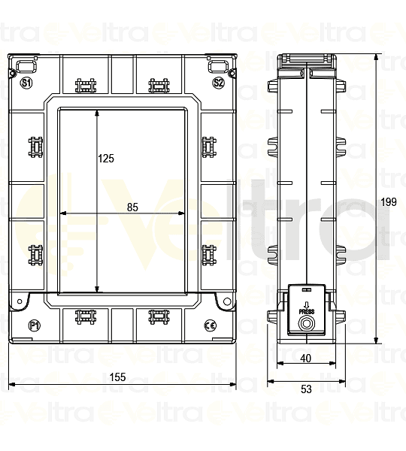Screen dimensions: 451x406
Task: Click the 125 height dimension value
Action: click(106, 159)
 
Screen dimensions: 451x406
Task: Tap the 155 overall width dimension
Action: click(118, 377)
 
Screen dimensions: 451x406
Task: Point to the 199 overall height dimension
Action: click(389, 201)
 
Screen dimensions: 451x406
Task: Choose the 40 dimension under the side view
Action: click(305, 359)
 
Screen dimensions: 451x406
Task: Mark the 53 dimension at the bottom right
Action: click(305, 389)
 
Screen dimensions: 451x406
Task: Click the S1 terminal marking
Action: click(26, 82)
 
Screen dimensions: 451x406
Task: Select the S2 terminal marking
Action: click(218, 82)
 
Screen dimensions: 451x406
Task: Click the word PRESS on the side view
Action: click(307, 310)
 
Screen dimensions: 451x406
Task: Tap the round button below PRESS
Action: click(307, 324)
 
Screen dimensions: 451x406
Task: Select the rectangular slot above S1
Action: click(26, 65)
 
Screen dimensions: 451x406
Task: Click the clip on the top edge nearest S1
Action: click(87, 85)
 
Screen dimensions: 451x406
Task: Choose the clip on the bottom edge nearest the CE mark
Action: click(157, 316)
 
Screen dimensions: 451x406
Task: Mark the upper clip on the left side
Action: click(35, 147)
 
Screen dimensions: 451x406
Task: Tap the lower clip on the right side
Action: click(209, 256)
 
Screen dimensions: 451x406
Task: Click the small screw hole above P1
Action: click(19, 302)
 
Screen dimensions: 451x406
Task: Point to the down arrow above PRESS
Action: click(307, 303)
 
